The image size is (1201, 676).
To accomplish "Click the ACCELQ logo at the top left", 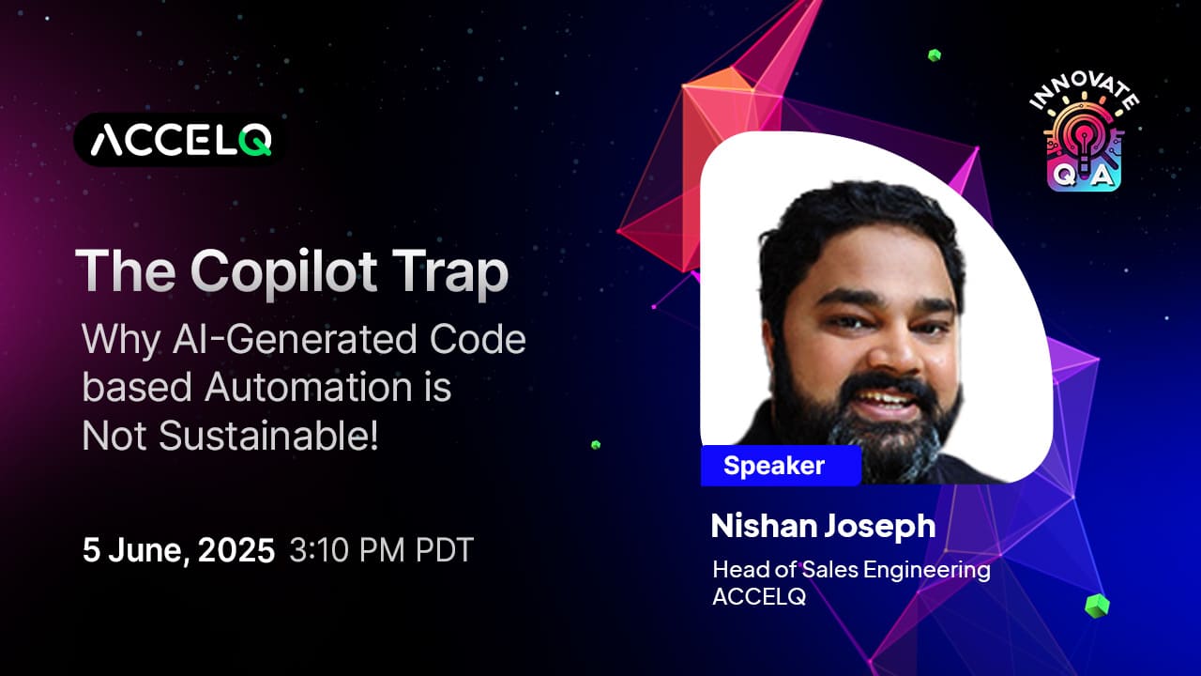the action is point(179,140).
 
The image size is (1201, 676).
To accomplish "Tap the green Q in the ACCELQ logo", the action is point(255,141).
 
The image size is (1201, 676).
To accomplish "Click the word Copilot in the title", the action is point(283,271).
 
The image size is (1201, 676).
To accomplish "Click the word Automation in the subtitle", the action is point(309,387).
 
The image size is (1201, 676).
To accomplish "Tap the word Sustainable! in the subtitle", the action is point(268,435).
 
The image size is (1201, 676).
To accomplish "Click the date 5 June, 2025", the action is point(178,550).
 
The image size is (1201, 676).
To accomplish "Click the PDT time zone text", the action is point(445,550).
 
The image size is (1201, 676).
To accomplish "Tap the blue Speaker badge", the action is point(781,465).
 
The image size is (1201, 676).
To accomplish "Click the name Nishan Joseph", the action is point(823,526).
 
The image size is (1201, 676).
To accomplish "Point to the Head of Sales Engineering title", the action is point(851,569).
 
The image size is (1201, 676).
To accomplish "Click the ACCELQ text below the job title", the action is point(759,596).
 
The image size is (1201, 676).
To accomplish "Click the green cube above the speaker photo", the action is point(935,55).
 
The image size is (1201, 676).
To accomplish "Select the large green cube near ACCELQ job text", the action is point(1097,607).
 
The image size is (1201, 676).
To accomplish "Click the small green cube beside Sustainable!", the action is point(596,445).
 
